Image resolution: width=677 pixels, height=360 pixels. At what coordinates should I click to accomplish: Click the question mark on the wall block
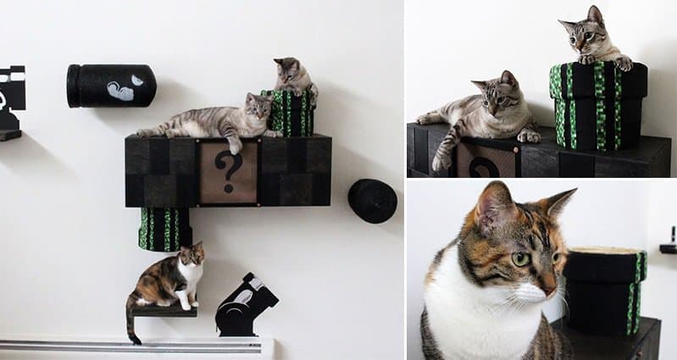pyautogui.click(x=227, y=170)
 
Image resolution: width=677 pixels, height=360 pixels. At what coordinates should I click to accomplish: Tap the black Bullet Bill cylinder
pyautogui.click(x=111, y=86)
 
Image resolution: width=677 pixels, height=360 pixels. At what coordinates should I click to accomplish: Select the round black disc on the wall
pyautogui.click(x=372, y=201)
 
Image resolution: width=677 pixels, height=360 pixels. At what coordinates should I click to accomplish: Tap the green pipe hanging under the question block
pyautogui.click(x=164, y=229)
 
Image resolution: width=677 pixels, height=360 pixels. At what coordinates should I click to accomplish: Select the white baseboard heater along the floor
pyautogui.click(x=136, y=346)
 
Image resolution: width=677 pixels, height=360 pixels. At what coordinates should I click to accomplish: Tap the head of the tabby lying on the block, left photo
pyautogui.click(x=258, y=107)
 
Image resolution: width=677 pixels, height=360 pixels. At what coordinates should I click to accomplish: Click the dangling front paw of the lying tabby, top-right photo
pyautogui.click(x=442, y=159)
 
